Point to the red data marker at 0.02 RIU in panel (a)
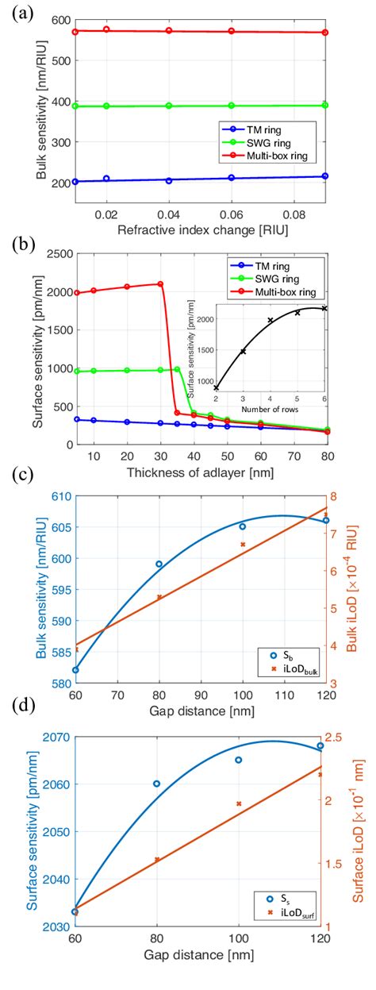(106, 29)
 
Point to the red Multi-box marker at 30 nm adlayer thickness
(160, 284)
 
